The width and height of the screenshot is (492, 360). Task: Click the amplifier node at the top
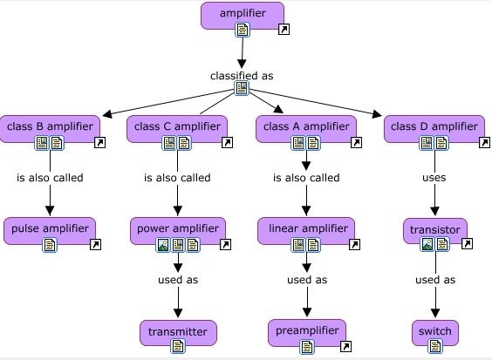coord(242,14)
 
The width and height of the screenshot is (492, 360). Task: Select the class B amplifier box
coord(50,126)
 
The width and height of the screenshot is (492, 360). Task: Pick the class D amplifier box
coord(434,126)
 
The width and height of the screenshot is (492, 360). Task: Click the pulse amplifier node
coord(50,229)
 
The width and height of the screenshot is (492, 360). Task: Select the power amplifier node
coord(177,229)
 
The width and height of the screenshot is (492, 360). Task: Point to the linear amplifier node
coord(306,229)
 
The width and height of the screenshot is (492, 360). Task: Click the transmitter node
coord(177,331)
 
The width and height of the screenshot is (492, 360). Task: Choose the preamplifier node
coord(306,331)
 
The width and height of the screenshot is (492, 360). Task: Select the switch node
coord(434,331)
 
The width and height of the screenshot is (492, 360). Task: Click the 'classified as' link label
coord(242,76)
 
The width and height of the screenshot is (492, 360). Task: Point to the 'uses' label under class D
coord(434,178)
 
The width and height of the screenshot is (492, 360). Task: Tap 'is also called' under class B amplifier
coord(50,178)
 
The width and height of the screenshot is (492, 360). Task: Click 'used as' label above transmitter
coord(177,280)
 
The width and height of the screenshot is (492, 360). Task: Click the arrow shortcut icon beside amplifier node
coord(284,30)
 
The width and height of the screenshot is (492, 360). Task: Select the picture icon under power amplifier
coord(162,245)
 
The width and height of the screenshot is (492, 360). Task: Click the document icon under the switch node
coord(434,346)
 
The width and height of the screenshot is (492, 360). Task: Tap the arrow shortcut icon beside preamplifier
coord(345,346)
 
